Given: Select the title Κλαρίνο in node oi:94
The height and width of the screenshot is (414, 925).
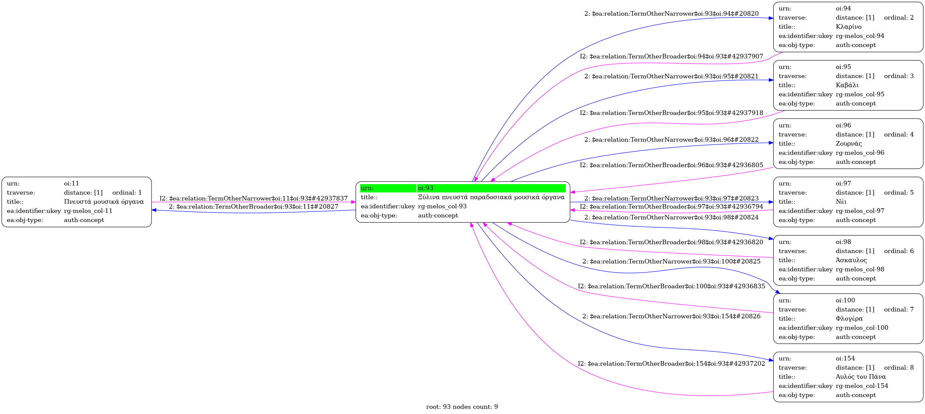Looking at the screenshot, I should coord(849,27).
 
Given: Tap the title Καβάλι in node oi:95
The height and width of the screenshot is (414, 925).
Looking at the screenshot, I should coord(847,86).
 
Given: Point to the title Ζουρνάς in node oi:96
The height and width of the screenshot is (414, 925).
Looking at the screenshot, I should coord(849,144).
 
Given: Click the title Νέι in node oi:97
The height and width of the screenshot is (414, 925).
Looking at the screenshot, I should coord(841,202).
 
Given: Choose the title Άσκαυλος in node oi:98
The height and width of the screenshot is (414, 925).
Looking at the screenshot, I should coord(851,260).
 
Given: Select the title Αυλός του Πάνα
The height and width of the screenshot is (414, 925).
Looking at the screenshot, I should coord(861,377).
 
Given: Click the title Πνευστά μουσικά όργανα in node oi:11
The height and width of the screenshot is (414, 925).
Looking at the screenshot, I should coord(104,202).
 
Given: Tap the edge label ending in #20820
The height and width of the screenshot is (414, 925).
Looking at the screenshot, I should coord(672,14).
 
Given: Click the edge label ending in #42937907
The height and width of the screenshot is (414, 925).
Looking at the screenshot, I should coord(672,57).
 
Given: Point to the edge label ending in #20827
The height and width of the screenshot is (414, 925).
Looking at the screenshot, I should coord(253,207).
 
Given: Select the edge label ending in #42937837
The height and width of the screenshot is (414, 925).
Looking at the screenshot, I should coord(253,199).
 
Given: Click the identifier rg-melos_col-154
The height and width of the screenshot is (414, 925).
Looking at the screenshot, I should coord(862,386).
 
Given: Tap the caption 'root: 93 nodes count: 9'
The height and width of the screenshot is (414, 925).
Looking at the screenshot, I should coord(462,407).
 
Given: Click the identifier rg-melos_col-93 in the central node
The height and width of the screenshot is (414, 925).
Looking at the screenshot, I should coord(442,206).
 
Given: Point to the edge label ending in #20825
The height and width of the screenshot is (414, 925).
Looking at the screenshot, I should coord(672,262).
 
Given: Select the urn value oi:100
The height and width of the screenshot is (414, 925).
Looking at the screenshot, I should coord(845,300).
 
